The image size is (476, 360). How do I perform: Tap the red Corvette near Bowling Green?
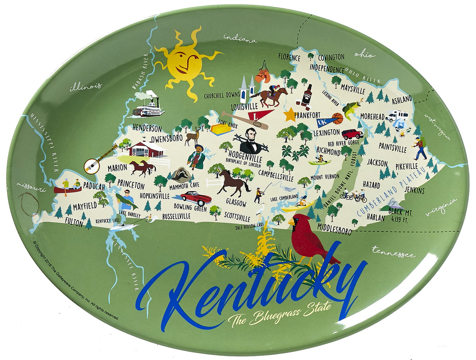pyautogui.click(x=196, y=197)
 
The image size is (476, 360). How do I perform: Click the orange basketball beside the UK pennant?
pyautogui.click(x=338, y=118)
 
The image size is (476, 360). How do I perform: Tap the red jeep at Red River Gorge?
pyautogui.click(x=352, y=134)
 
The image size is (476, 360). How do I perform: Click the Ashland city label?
pyautogui.click(x=402, y=99)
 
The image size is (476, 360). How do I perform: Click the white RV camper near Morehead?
pyautogui.click(x=397, y=116)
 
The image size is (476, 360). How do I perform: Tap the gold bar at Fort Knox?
pyautogui.click(x=221, y=129)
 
